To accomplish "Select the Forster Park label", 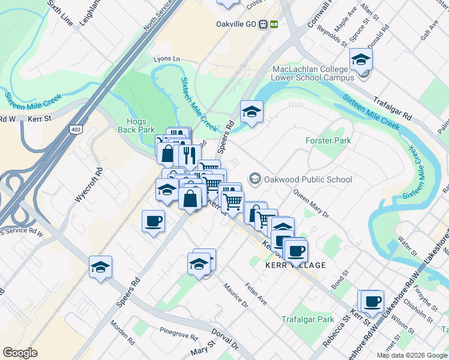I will [328, 140].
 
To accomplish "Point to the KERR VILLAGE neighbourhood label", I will [287, 265].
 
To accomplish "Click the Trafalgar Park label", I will [308, 319].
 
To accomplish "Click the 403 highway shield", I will [76, 128].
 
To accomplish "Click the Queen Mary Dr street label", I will [311, 204].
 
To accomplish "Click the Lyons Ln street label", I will [167, 59].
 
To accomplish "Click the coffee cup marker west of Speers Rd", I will [154, 221].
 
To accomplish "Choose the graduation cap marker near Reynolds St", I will [361, 59].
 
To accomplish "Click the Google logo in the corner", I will [20, 353].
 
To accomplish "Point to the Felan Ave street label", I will [256, 294].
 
